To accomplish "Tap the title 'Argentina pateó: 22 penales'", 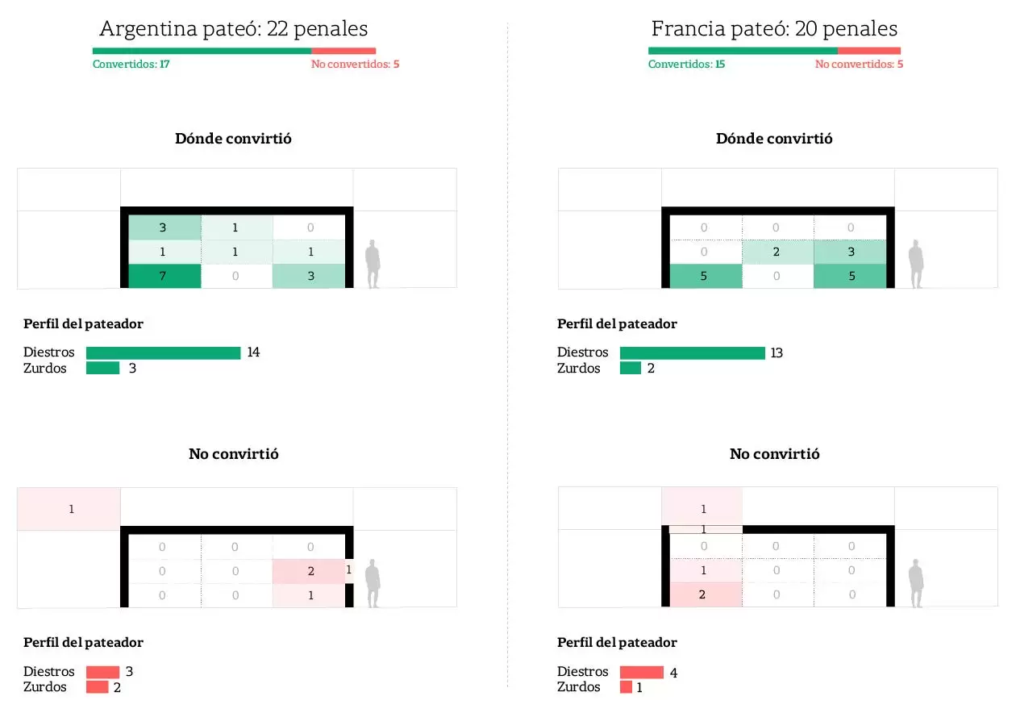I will pos(233,29).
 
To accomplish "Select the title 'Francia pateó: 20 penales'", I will pos(774,29).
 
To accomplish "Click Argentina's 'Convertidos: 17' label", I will pos(131,65).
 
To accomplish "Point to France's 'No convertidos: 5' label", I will pos(859,65).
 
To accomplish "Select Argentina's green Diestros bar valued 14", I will pos(163,352).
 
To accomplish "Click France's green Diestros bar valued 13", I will pos(692,352).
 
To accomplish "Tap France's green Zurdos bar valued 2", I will pos(631,369).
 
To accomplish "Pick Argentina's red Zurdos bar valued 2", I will pos(97,687).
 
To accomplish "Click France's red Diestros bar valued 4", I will pos(641,672).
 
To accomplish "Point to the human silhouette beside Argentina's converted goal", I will pos(373,264).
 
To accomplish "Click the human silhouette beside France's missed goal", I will pos(916,582).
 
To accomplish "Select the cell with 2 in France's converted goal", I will pos(776,252).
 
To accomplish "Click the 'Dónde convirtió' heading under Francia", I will pos(774,139).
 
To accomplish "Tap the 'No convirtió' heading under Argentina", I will pos(233,454).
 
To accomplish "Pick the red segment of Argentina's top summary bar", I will pos(344,51).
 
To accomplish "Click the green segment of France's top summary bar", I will pos(743,51).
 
